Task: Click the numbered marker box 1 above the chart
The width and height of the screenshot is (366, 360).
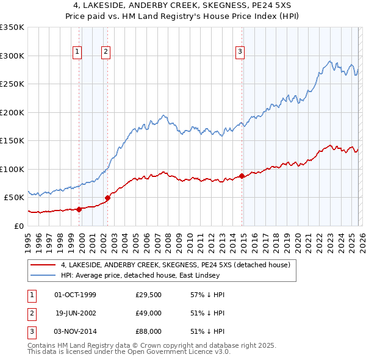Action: pos(78,52)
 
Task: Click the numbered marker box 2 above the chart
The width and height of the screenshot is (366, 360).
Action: pos(106,52)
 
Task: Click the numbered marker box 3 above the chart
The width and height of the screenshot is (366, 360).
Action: pos(240,52)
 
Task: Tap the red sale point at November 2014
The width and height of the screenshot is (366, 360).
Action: pos(242,176)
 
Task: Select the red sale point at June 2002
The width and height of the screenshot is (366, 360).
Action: pos(108,198)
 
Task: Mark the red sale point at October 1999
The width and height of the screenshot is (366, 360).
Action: pos(79,209)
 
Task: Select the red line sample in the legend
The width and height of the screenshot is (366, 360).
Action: pos(43,265)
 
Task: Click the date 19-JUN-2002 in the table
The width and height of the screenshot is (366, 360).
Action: pos(75,313)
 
